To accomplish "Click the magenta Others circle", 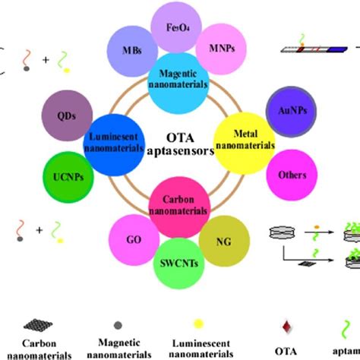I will (x=293, y=175).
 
